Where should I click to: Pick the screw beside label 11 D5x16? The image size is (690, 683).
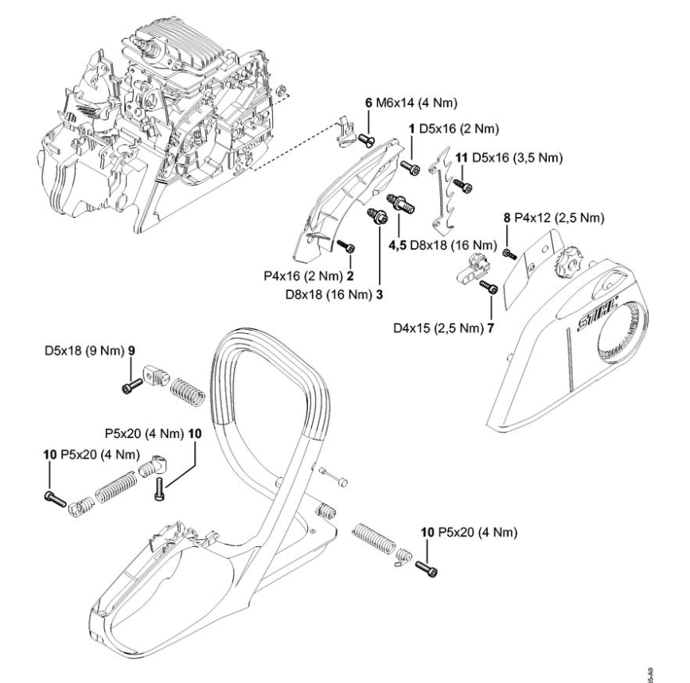(463, 185)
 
